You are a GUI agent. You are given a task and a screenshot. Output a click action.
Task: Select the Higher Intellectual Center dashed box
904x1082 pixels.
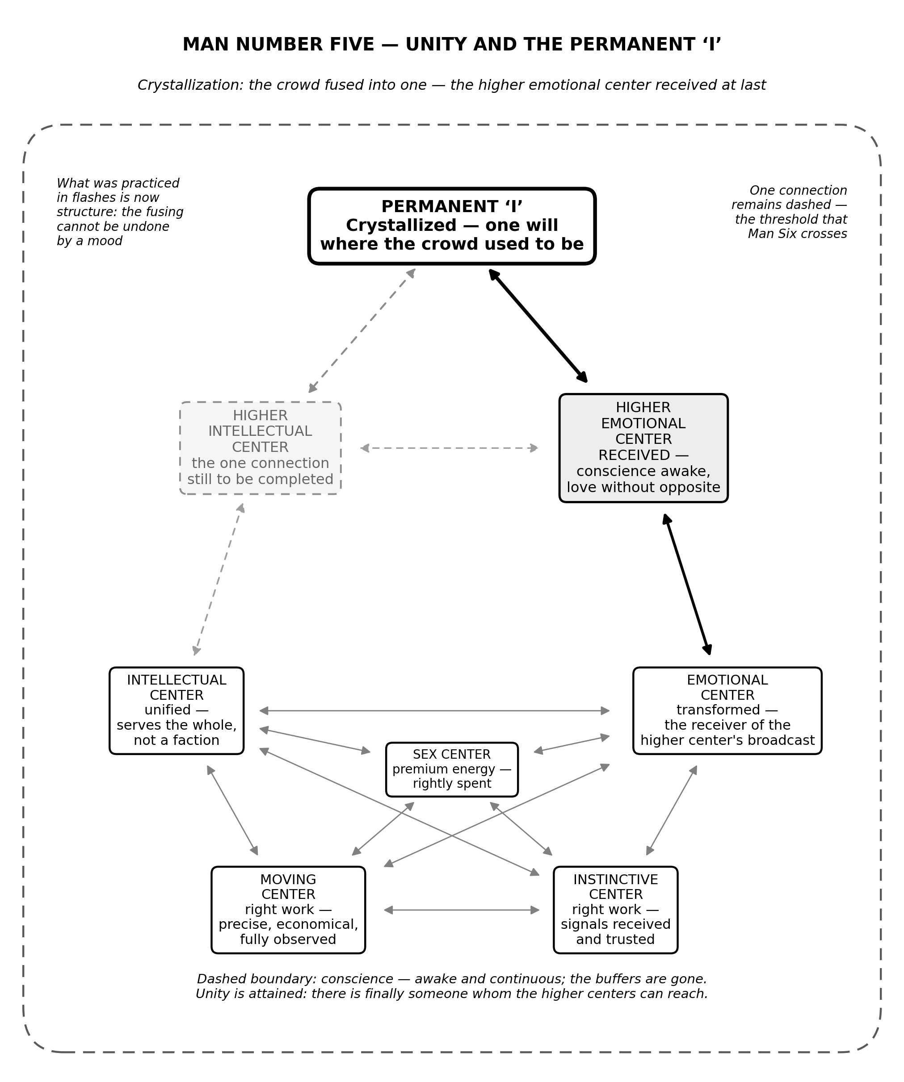tap(260, 448)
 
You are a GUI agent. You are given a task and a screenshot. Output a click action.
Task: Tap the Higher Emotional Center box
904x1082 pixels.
tap(643, 448)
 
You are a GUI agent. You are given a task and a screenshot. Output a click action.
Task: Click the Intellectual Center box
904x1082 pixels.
tap(177, 710)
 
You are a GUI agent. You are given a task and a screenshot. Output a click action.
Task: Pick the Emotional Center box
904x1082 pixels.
tap(727, 710)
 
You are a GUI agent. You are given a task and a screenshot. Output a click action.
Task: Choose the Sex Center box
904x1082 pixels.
tap(452, 769)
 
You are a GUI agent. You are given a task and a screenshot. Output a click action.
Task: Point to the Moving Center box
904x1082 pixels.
tap(288, 910)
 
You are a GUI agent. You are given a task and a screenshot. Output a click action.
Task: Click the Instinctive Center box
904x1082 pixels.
tap(615, 910)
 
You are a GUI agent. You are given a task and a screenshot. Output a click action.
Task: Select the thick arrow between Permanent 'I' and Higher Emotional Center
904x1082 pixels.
tap(538, 326)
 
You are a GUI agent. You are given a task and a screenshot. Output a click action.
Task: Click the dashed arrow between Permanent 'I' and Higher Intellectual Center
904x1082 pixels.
tap(362, 331)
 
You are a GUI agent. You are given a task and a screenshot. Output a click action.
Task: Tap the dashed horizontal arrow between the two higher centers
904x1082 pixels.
tap(449, 448)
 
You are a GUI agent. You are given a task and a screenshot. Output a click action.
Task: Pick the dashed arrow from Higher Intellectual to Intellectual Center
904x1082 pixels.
tap(219, 579)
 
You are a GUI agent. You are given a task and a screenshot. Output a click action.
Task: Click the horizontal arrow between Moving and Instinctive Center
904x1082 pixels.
tap(462, 910)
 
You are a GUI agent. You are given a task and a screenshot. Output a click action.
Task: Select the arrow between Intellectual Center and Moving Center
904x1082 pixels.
tap(232, 810)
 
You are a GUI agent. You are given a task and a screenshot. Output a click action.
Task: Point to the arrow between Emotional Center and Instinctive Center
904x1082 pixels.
tap(672, 810)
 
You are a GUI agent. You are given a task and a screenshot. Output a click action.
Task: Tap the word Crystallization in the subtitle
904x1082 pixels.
tap(190, 85)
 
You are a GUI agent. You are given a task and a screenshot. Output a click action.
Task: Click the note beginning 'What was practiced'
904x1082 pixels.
tap(120, 212)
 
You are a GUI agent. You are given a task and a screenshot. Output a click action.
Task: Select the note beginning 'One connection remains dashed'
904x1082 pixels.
tap(789, 212)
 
